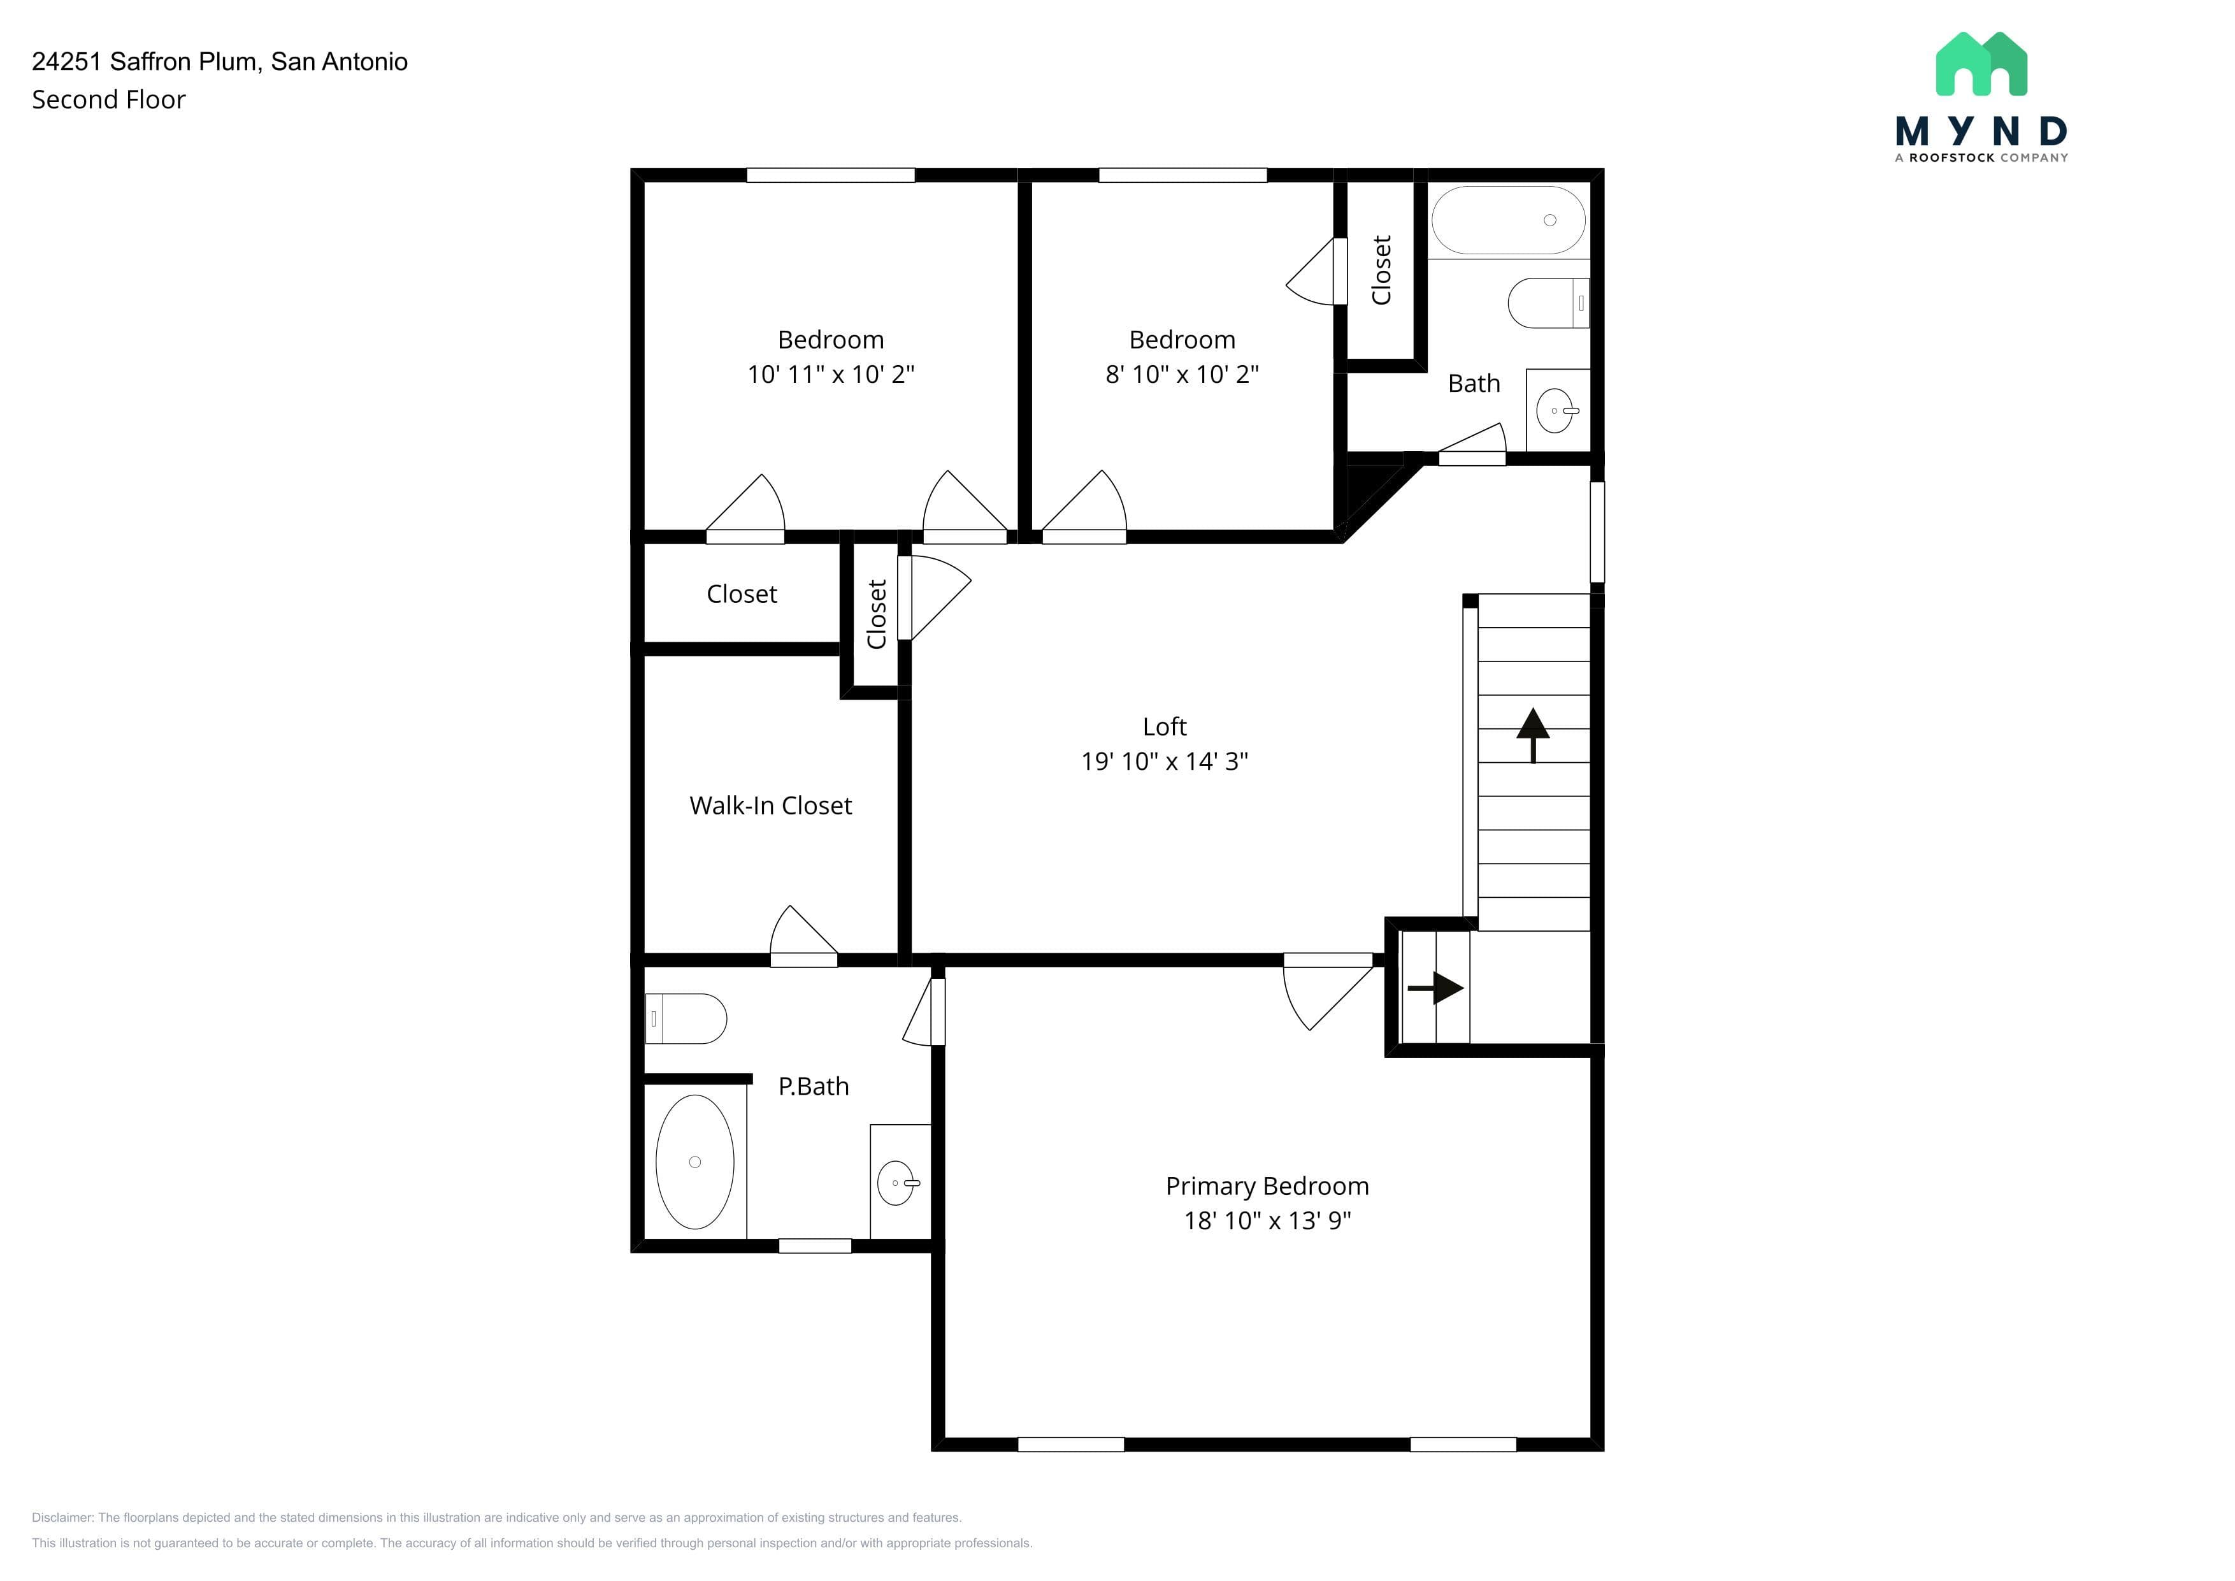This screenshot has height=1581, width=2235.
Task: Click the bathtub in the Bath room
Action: (1508, 220)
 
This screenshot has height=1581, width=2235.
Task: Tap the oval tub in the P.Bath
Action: (695, 1162)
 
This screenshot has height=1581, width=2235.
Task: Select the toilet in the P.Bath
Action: (686, 1018)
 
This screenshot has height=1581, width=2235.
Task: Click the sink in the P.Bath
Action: (898, 1183)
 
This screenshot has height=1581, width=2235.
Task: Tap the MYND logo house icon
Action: (1981, 64)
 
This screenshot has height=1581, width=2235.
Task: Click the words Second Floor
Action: (108, 99)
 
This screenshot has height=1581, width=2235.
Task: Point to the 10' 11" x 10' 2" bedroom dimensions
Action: (830, 375)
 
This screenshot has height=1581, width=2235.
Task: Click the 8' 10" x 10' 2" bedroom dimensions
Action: (1182, 375)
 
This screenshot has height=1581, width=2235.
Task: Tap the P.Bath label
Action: (814, 1086)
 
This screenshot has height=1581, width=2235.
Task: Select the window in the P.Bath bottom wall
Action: (815, 1246)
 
